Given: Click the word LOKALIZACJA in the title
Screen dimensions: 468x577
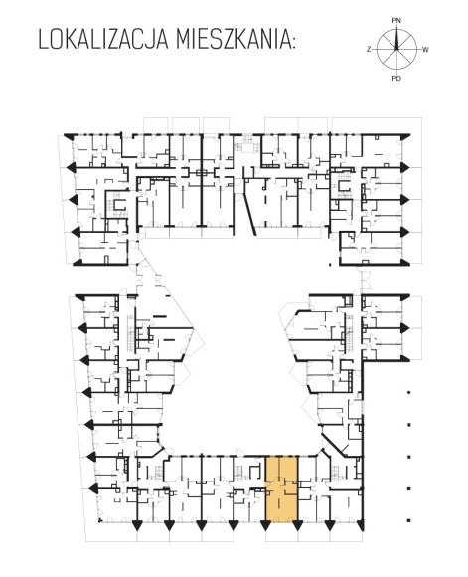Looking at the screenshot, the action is tap(103, 40).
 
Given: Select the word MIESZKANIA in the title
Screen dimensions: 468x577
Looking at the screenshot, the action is tap(233, 40).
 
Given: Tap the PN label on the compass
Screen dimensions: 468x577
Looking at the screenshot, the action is tap(396, 21).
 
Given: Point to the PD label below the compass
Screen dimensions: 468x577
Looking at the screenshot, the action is tap(396, 78).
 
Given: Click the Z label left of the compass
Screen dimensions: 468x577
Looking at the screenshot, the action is tap(369, 50).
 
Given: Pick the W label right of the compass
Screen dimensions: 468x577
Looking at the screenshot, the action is tap(425, 50).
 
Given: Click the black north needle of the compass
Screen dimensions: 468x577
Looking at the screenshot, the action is tap(396, 38).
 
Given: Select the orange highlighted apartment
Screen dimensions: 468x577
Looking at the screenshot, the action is tap(281, 488).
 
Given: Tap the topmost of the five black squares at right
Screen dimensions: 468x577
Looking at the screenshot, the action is tap(408, 393).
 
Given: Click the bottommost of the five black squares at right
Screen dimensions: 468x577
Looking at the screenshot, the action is tap(408, 520).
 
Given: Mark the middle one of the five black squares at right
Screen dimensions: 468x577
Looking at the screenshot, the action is tap(408, 457).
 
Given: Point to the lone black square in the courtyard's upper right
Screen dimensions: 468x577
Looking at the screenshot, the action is tap(330, 264).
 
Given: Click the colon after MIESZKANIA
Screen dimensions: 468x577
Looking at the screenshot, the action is tap(293, 43).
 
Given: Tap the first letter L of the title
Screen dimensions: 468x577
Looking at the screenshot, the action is tap(43, 40).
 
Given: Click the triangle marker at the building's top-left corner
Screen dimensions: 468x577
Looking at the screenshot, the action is tap(69, 136).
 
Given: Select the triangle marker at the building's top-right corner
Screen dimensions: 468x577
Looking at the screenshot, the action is tap(405, 136).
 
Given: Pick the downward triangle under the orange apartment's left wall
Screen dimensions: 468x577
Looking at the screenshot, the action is tap(265, 526).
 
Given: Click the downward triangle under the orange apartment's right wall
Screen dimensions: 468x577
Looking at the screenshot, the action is tap(297, 526).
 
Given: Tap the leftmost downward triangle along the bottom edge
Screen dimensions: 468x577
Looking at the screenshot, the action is tap(137, 526).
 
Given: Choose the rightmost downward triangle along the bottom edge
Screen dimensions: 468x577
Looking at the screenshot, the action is tap(361, 526).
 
